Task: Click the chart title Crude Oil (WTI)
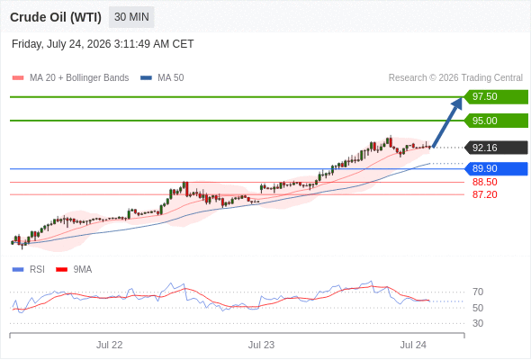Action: click(56, 17)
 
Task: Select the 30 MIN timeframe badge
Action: click(131, 17)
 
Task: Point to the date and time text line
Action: click(103, 44)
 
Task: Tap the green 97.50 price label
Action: click(496, 97)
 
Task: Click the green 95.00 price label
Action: click(496, 121)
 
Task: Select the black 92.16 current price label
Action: click(496, 148)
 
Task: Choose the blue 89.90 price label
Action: click(496, 168)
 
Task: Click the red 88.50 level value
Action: click(484, 182)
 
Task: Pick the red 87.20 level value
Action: click(484, 194)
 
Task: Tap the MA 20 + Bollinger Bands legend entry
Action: click(70, 78)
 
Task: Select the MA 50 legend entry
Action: click(162, 78)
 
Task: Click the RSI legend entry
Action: click(29, 270)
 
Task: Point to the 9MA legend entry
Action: click(74, 270)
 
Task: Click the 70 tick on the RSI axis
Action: click(478, 292)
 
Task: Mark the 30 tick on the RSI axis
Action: click(478, 323)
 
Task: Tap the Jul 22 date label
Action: click(110, 345)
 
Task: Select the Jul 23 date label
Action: click(261, 345)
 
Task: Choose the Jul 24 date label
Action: click(413, 345)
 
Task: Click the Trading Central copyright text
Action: click(455, 78)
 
